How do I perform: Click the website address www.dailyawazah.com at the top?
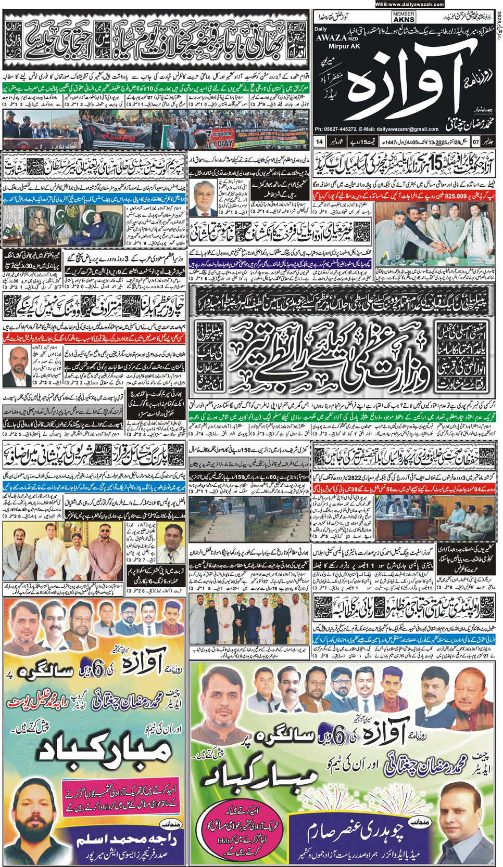[409, 5]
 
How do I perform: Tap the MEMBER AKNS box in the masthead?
[404, 17]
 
